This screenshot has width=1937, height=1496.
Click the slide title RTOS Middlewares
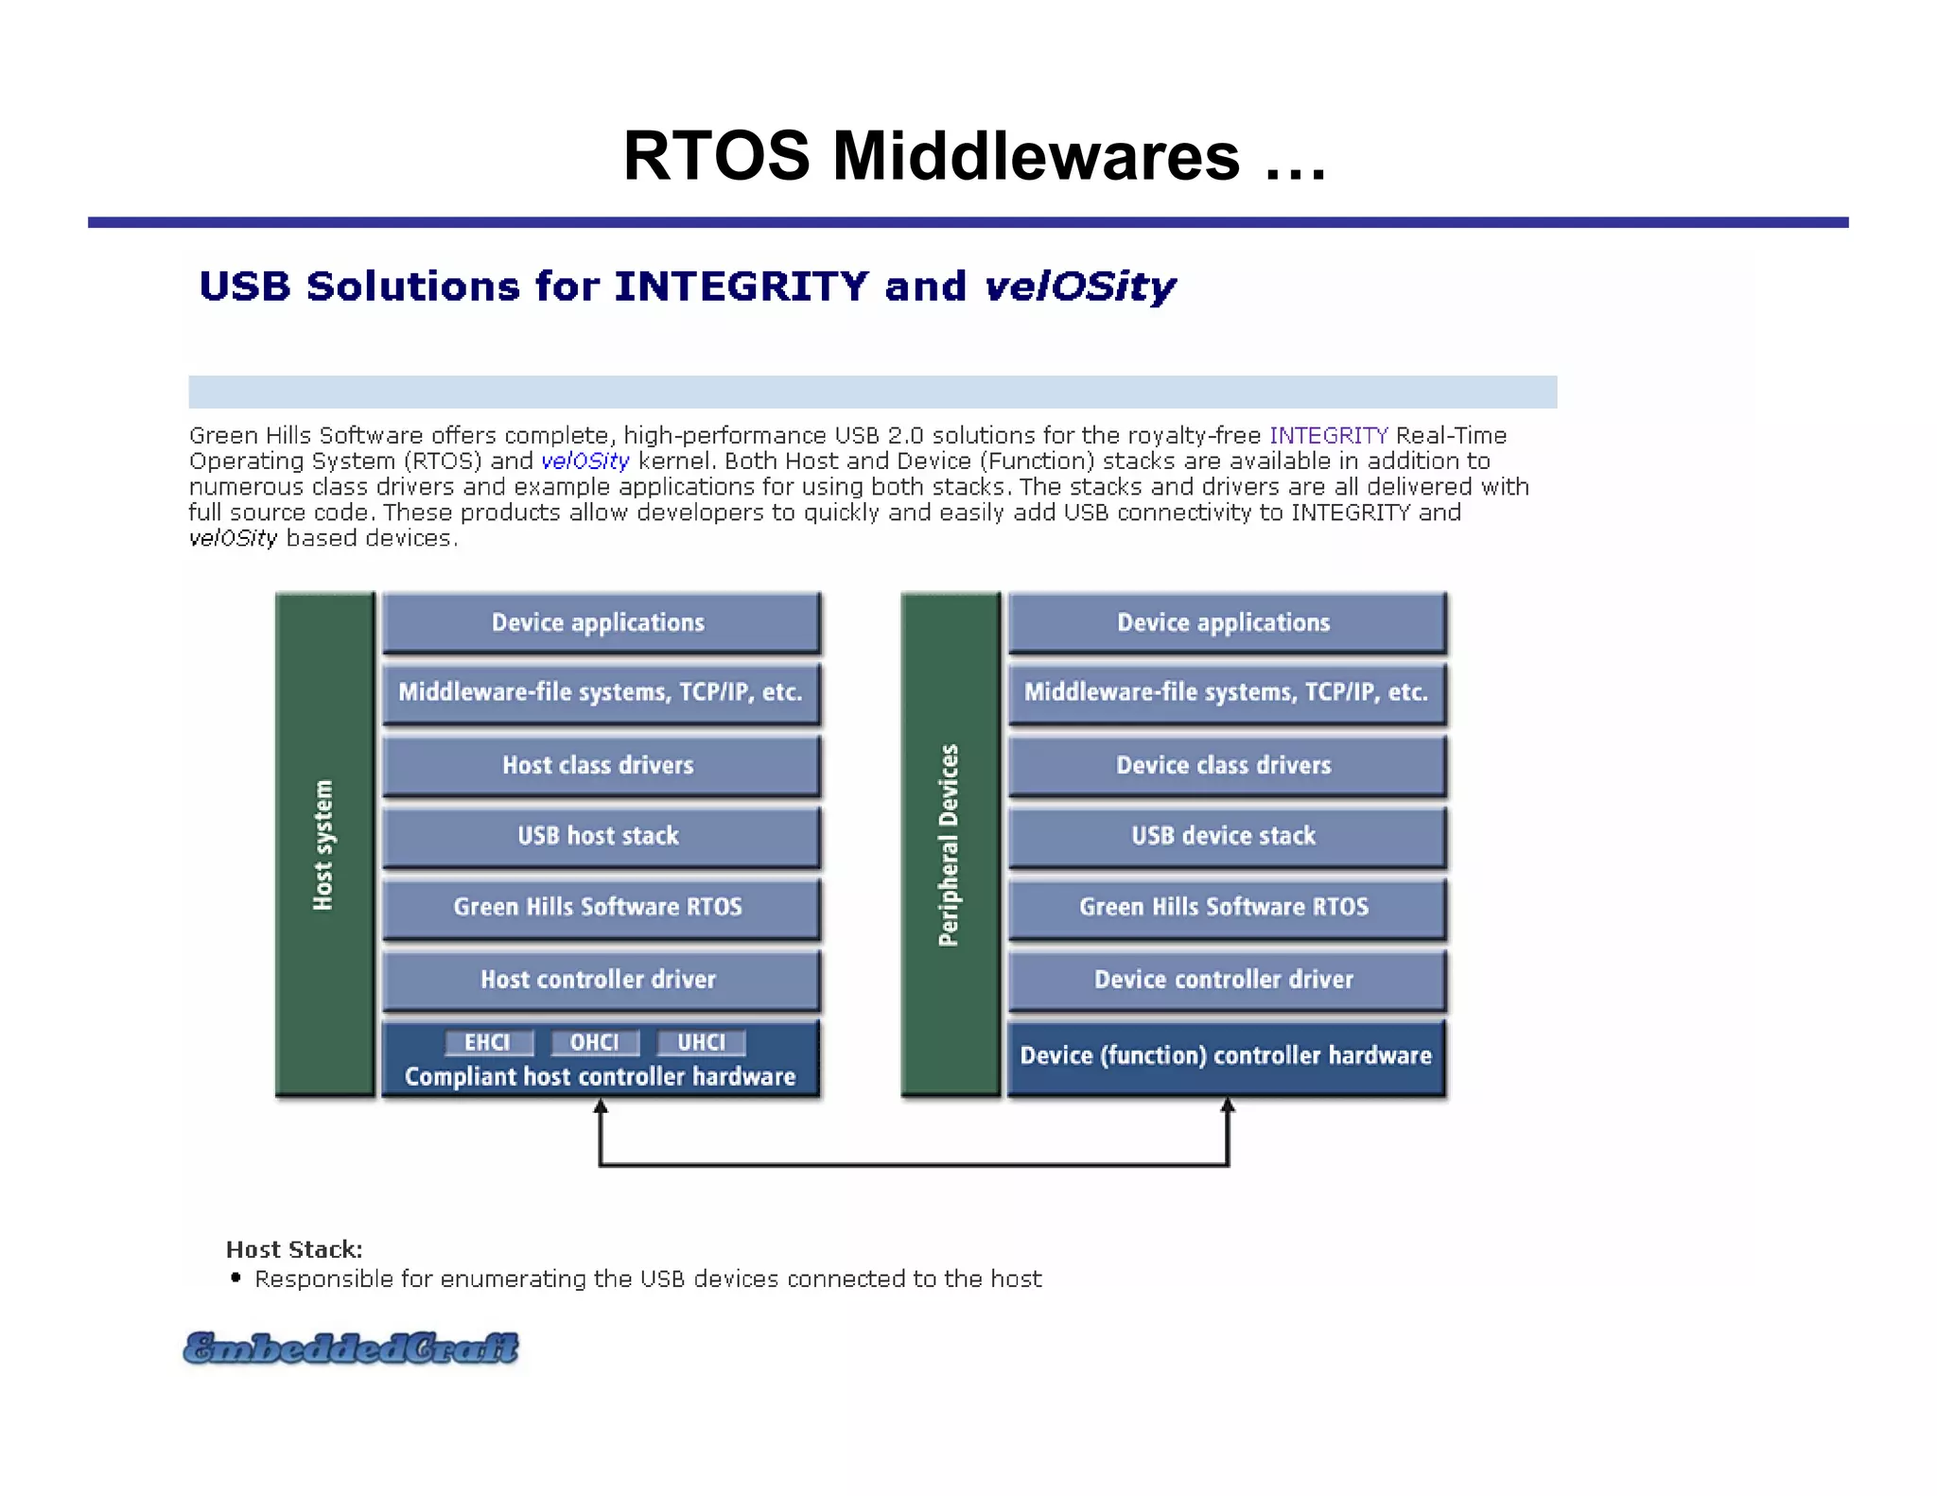(x=974, y=156)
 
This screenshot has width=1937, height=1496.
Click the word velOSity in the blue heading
(x=1079, y=287)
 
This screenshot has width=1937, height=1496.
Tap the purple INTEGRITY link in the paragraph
(x=1328, y=435)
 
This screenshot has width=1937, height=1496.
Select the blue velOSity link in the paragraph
(x=585, y=461)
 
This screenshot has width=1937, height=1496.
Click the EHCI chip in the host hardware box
(x=488, y=1042)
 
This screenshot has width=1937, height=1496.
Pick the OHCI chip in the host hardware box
(x=595, y=1042)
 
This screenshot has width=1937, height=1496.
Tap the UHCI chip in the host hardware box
(x=701, y=1042)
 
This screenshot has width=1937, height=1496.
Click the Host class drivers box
(x=600, y=765)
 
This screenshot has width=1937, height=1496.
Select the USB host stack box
(x=600, y=836)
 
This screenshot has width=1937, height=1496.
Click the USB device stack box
(x=1226, y=836)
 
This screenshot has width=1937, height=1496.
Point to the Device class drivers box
(x=1226, y=765)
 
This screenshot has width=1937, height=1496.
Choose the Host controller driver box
(x=600, y=980)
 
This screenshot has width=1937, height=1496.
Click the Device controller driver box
(x=1226, y=980)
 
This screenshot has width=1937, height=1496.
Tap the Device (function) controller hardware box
(x=1226, y=1056)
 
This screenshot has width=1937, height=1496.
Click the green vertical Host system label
(x=323, y=844)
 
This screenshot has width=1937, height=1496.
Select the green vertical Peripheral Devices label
(x=949, y=844)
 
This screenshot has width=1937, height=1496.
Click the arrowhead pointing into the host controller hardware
(x=600, y=1107)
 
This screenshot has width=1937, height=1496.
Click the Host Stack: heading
(x=294, y=1250)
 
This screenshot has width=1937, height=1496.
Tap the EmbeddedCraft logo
(x=351, y=1348)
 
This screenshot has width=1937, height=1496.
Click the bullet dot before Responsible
(x=236, y=1278)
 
